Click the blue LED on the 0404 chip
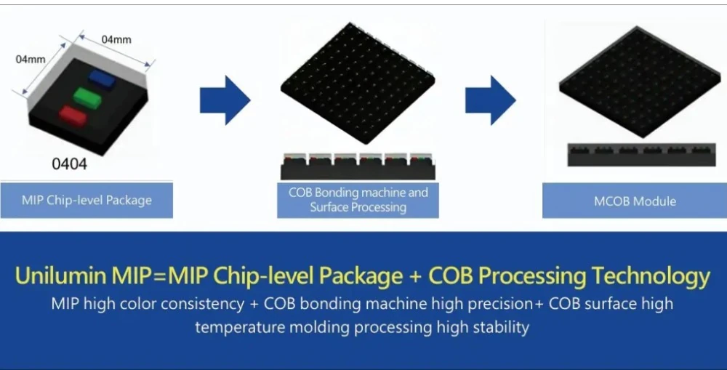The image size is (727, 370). (x=103, y=79)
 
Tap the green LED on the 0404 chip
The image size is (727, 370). (x=87, y=97)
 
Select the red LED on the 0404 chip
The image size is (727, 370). (x=73, y=116)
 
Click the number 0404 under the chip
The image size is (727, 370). (x=69, y=164)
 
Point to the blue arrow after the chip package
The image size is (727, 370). (x=225, y=100)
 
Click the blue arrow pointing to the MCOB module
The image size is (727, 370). (x=491, y=100)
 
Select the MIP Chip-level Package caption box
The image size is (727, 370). (x=87, y=201)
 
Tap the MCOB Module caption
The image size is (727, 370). (x=635, y=201)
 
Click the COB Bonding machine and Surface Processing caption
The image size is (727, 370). (x=358, y=200)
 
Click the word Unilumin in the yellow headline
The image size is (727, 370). (x=61, y=276)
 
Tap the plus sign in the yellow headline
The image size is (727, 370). (x=415, y=276)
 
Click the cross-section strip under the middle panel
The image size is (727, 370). (x=358, y=166)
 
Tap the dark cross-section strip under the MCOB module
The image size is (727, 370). (x=642, y=155)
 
